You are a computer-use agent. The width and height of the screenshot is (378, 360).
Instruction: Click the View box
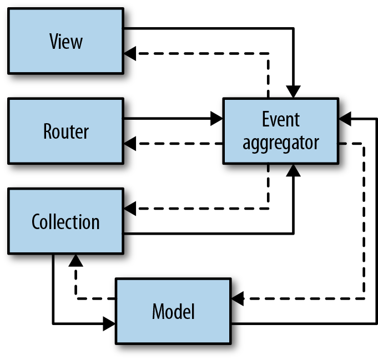click(x=65, y=40)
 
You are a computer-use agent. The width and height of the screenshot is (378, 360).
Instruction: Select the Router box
click(x=65, y=131)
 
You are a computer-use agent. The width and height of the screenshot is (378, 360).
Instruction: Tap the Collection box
click(x=65, y=221)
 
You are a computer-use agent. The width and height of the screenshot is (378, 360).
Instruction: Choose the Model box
click(x=173, y=311)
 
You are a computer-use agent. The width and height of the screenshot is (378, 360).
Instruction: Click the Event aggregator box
click(x=281, y=131)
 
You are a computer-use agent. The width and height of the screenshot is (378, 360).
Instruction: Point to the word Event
click(x=281, y=119)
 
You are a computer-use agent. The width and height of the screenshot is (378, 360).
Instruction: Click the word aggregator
click(x=281, y=143)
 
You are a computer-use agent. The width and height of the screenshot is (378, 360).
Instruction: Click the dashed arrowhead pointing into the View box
click(x=130, y=54)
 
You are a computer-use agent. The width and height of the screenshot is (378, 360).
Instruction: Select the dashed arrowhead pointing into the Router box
click(x=130, y=144)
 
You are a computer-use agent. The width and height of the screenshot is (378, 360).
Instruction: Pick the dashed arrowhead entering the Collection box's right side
click(x=130, y=209)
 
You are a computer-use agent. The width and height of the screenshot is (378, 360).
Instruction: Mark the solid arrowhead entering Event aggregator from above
click(x=293, y=92)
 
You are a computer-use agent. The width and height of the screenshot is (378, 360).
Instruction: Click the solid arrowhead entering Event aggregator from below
click(x=293, y=170)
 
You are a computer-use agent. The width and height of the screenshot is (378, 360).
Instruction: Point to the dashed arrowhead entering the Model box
click(x=238, y=299)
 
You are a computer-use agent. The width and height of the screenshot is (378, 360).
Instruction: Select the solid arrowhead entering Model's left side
click(x=109, y=323)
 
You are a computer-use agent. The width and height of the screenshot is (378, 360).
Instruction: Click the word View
click(x=65, y=41)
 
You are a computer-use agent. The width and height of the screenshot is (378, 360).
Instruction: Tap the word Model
click(x=173, y=312)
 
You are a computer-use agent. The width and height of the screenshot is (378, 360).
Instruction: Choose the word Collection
click(x=65, y=222)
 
